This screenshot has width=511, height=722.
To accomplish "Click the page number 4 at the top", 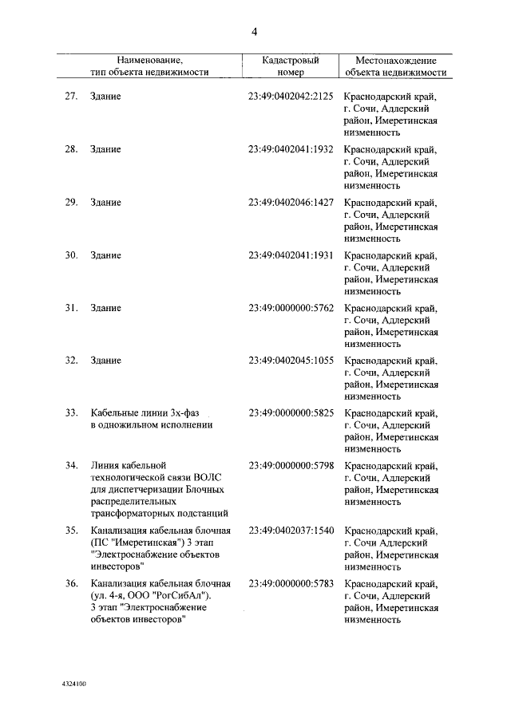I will pyautogui.click(x=254, y=33).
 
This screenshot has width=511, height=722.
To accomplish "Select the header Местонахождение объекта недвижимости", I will pyautogui.click(x=395, y=65).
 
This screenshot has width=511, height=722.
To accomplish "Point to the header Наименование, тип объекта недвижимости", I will pyautogui.click(x=149, y=65).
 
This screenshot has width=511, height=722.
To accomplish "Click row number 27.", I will pyautogui.click(x=70, y=97).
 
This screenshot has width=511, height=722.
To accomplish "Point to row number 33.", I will pyautogui.click(x=70, y=413).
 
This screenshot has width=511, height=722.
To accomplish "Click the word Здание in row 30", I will pyautogui.click(x=105, y=255).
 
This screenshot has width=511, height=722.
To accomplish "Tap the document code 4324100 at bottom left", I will pyautogui.click(x=74, y=685).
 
